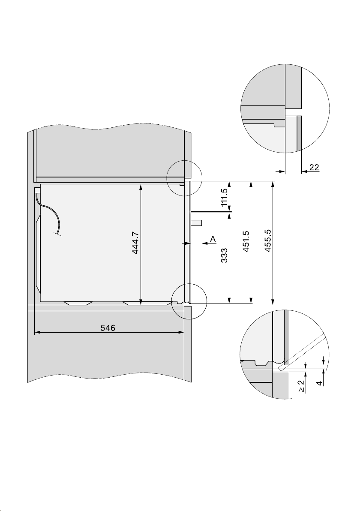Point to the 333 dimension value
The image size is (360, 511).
224,256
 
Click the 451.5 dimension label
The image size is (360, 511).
246,241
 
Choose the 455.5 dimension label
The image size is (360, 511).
268,240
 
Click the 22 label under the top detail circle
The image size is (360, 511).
314,167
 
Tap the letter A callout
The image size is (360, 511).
213,239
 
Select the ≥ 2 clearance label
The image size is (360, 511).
301,386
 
